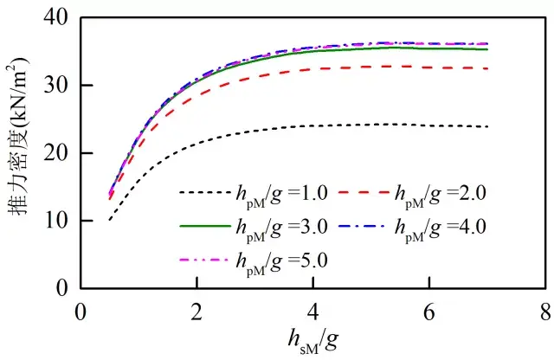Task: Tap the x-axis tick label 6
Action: coord(429,308)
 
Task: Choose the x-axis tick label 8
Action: coord(545,308)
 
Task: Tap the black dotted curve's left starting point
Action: coord(109,220)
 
